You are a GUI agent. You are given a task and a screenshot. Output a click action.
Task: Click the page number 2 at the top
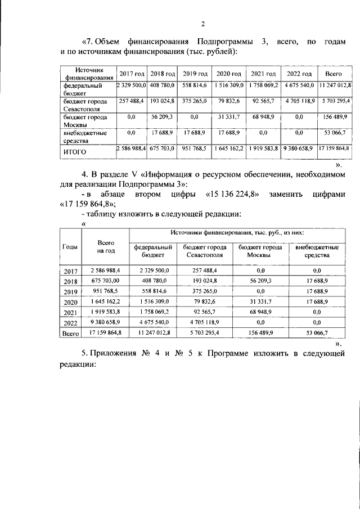(202, 23)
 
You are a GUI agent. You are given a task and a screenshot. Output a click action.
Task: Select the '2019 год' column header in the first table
(196, 74)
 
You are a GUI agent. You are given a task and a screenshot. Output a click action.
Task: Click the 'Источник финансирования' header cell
(87, 74)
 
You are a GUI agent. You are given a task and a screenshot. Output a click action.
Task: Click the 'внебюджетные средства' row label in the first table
(84, 136)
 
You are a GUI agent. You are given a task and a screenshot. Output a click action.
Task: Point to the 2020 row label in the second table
(70, 302)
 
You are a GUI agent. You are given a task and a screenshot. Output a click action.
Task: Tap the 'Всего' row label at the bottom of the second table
(70, 334)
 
